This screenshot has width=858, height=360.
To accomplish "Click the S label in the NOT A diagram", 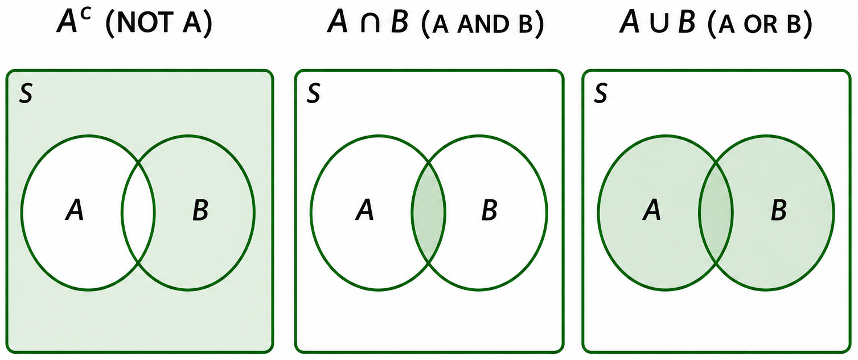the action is pos(26,94).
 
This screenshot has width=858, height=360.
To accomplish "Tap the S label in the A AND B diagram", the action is pos(313,94).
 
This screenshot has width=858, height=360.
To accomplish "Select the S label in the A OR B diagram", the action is pos(601,94).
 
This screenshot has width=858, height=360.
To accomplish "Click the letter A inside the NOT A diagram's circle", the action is pos(75,211).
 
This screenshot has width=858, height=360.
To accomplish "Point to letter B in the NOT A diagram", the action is pos(200,211).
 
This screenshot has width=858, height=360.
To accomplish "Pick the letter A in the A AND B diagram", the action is pos(364,211).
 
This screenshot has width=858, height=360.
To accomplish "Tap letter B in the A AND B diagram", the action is pos(489,211).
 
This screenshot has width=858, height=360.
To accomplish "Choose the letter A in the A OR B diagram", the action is pos(651,211).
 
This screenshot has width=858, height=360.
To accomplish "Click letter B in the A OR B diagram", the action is pos(779,211).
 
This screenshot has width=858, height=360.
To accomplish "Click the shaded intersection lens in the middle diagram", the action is pos(428,213).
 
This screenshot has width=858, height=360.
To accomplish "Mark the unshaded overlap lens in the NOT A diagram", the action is pos(138,213).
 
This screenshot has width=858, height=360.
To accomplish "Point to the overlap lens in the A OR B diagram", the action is pos(716,213).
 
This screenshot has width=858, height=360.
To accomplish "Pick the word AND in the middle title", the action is pos(484,24).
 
